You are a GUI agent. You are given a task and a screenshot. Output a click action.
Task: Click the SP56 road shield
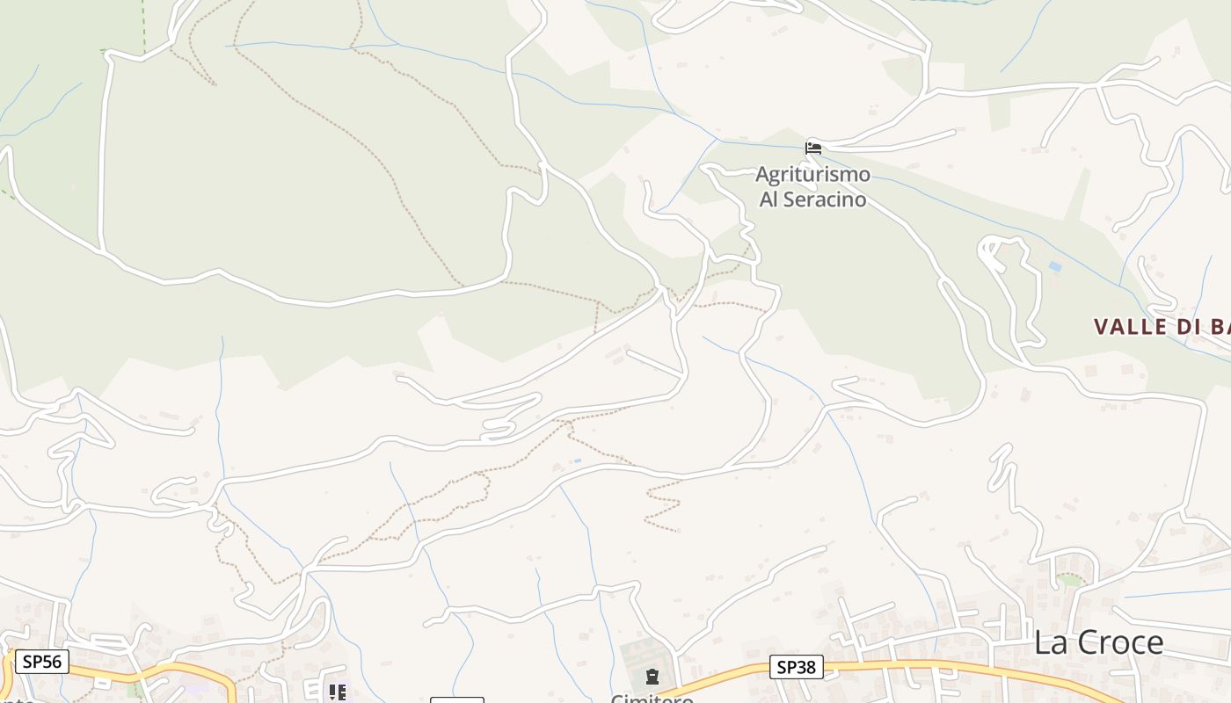point(41,661)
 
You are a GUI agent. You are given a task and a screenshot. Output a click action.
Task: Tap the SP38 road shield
point(796,667)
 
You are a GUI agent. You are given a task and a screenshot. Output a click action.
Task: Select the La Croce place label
point(1098,642)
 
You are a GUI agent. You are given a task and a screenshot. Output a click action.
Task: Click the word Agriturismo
point(812,174)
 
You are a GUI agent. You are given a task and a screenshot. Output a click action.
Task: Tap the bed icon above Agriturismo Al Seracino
point(813,148)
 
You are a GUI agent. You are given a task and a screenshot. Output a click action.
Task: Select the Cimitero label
point(652,699)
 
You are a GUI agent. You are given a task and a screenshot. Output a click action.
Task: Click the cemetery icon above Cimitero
point(652,677)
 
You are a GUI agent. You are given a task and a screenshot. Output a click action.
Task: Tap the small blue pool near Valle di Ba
point(1055,266)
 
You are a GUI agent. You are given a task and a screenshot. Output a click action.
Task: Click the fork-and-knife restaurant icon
point(338,692)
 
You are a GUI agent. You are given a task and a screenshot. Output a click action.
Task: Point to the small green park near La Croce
point(1069,580)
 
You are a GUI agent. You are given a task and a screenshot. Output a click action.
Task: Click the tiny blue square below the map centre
point(577,460)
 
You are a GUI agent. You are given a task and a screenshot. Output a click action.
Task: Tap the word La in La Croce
point(1050,642)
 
